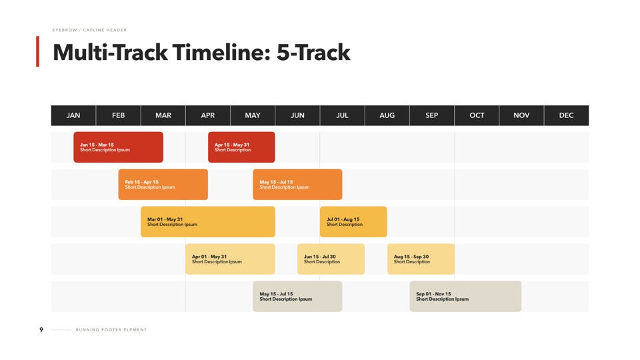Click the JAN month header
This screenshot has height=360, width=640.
click(73, 115)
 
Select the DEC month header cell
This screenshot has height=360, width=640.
click(567, 115)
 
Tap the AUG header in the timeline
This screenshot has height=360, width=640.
click(387, 115)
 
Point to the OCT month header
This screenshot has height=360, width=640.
click(477, 115)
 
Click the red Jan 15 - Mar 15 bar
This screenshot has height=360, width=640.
click(119, 147)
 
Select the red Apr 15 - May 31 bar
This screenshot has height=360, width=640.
click(241, 147)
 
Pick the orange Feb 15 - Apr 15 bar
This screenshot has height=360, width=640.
click(163, 185)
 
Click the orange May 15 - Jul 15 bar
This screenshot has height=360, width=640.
click(297, 185)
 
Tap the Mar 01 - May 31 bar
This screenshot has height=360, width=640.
click(208, 221)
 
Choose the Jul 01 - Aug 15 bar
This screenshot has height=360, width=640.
click(353, 221)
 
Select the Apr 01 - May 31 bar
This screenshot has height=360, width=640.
click(230, 259)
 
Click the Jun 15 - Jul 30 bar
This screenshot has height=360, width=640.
click(331, 259)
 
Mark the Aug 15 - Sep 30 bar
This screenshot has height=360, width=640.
click(421, 259)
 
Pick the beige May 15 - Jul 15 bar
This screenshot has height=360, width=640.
click(297, 296)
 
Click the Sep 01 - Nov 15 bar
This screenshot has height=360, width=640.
click(465, 296)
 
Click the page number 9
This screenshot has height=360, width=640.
click(41, 330)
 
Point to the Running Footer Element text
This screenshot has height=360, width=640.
click(111, 330)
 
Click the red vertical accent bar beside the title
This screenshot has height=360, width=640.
click(37, 51)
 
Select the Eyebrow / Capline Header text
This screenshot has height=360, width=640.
click(89, 30)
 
